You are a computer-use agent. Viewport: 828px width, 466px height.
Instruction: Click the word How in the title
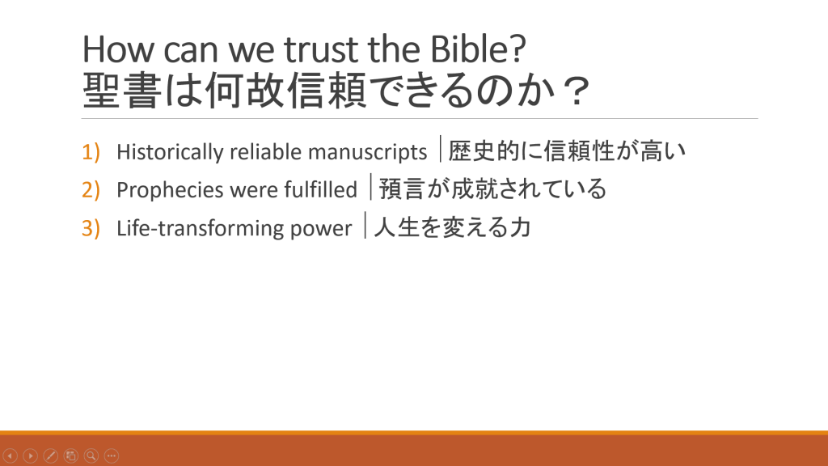pyautogui.click(x=118, y=49)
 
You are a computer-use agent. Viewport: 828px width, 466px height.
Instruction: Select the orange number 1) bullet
pyautogui.click(x=91, y=151)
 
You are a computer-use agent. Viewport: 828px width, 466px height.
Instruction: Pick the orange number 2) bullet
pyautogui.click(x=91, y=189)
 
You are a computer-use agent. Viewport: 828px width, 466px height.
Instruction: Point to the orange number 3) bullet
pyautogui.click(x=91, y=228)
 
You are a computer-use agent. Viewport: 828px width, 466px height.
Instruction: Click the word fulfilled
pyautogui.click(x=320, y=189)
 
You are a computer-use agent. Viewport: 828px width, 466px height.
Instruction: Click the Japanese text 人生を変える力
pyautogui.click(x=452, y=227)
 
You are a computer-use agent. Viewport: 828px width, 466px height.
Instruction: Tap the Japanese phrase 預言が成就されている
pyautogui.click(x=492, y=189)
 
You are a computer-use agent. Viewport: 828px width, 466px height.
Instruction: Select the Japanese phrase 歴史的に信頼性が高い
pyautogui.click(x=567, y=150)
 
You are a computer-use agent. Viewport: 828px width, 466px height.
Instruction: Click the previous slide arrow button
pyautogui.click(x=10, y=455)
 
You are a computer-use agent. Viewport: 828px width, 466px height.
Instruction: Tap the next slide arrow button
pyautogui.click(x=31, y=455)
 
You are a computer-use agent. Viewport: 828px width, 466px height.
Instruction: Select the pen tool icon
pyautogui.click(x=51, y=455)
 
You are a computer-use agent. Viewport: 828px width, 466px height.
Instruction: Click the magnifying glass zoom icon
pyautogui.click(x=91, y=455)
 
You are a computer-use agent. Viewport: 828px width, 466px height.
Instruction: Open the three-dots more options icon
pyautogui.click(x=112, y=455)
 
